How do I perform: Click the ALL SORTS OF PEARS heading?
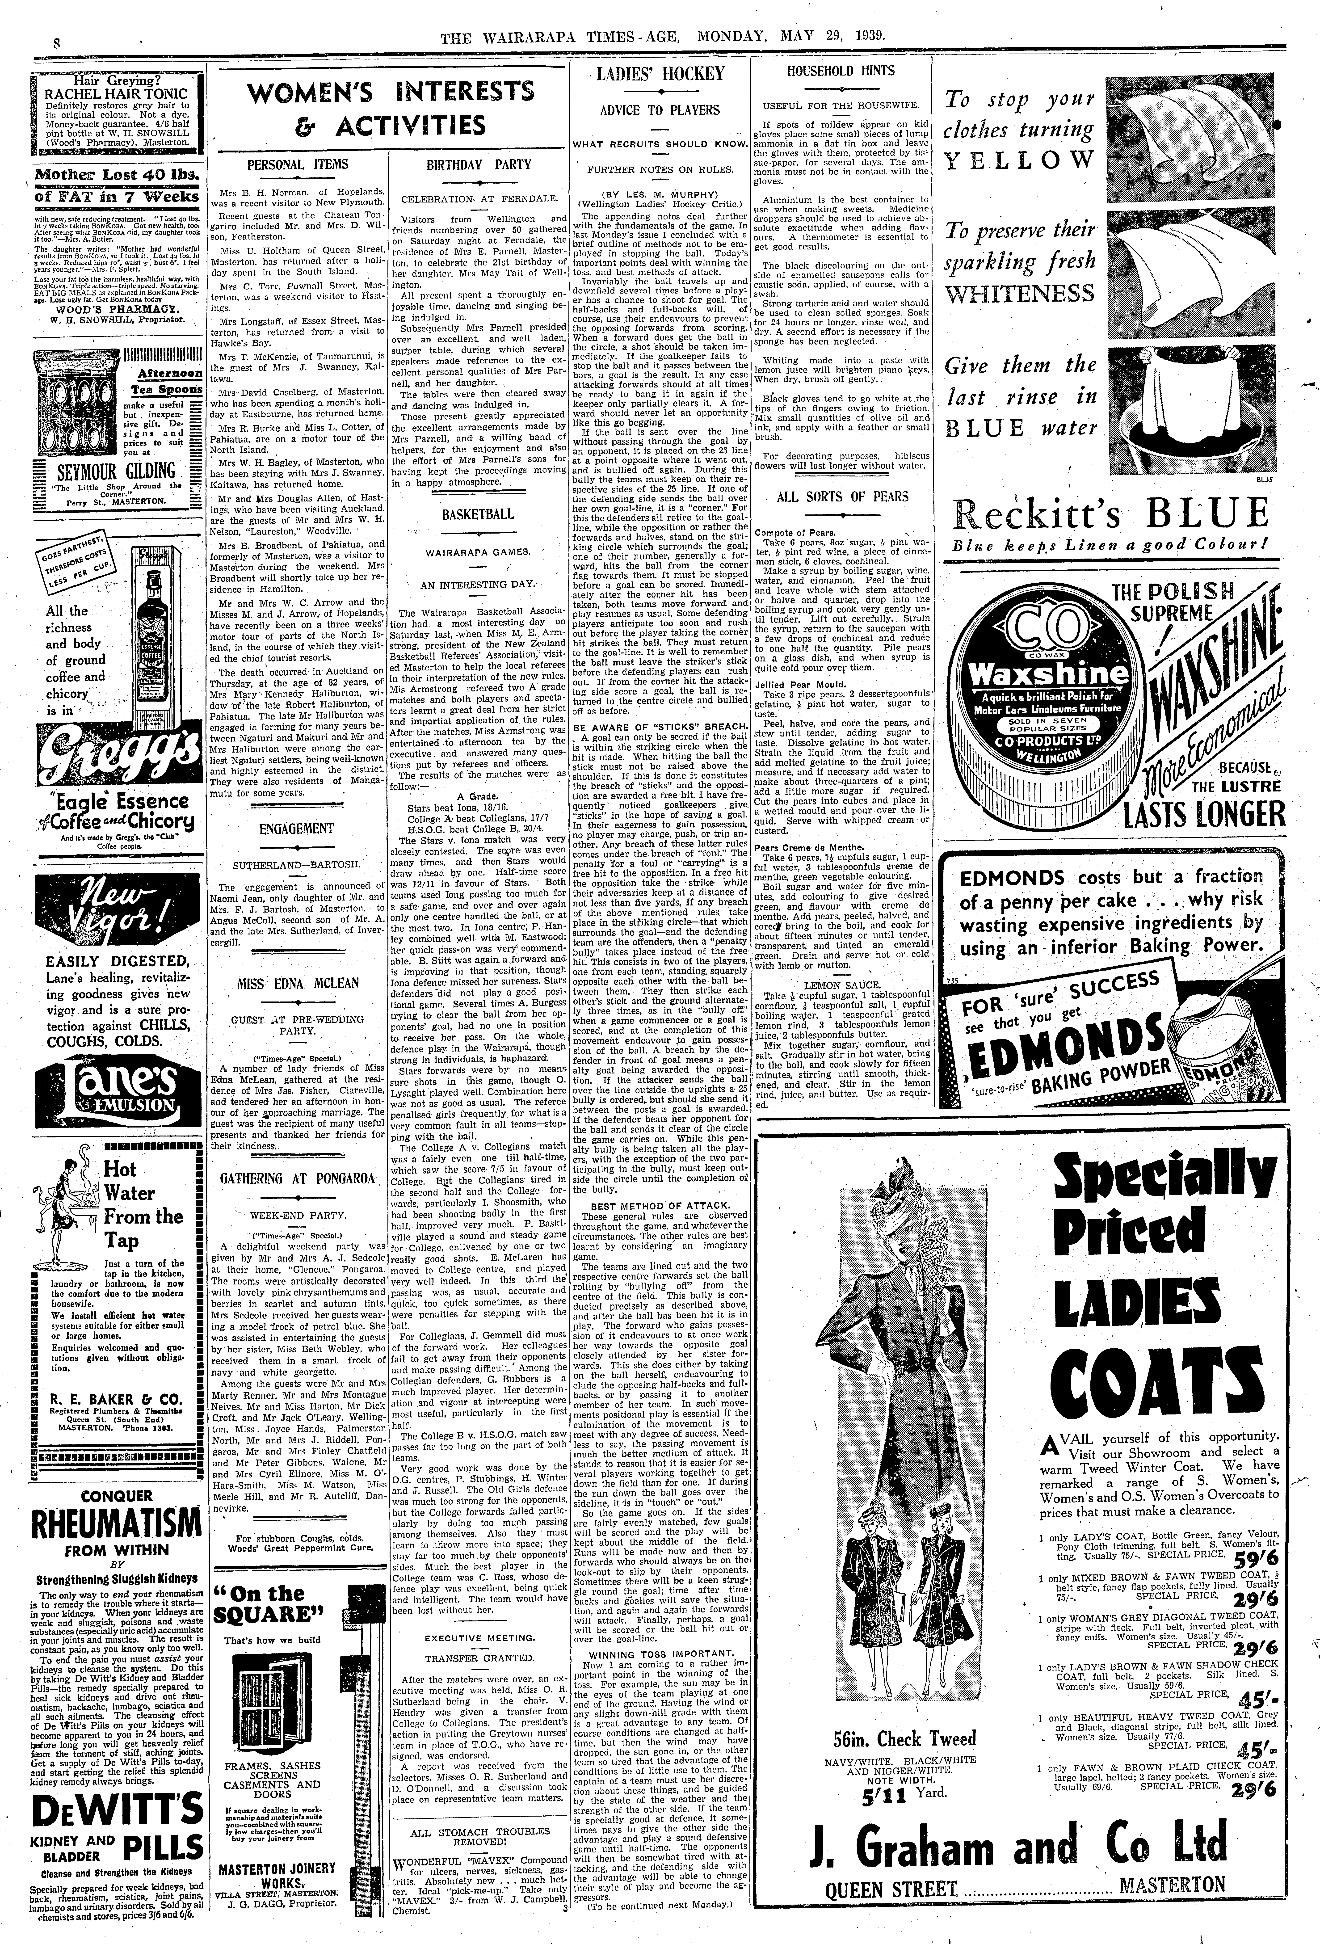pos(841,496)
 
